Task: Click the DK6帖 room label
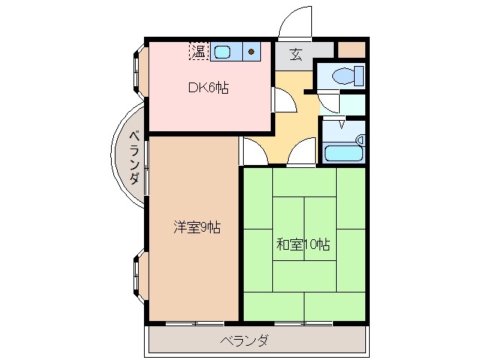tap(208, 88)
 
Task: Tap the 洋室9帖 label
tap(197, 227)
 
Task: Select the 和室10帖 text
tap(304, 244)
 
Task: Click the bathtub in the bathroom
tap(343, 153)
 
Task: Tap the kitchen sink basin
tap(223, 52)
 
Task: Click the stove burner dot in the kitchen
tap(251, 52)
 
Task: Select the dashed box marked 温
tap(198, 51)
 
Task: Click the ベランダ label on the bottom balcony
tap(244, 341)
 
